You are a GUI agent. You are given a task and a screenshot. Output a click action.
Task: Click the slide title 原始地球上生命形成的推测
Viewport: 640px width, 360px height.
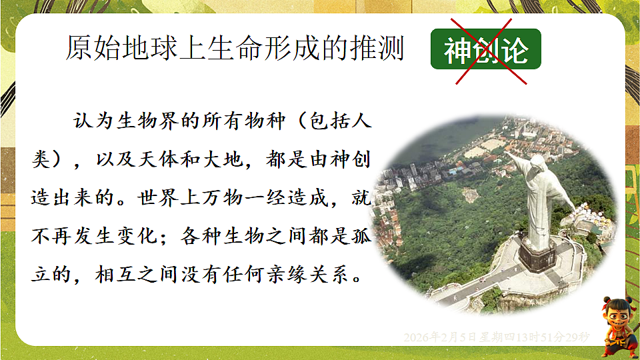235,48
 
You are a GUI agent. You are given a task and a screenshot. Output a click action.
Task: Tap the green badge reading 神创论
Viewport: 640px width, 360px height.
485,50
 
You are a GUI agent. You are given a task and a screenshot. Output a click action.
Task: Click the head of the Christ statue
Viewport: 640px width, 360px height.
534,161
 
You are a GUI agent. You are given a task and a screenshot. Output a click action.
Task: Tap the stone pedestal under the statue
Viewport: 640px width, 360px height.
537,253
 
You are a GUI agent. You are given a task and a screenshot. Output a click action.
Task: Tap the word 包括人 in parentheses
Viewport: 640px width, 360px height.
339,123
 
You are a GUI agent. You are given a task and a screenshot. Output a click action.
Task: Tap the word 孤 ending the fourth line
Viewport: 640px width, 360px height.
362,237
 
